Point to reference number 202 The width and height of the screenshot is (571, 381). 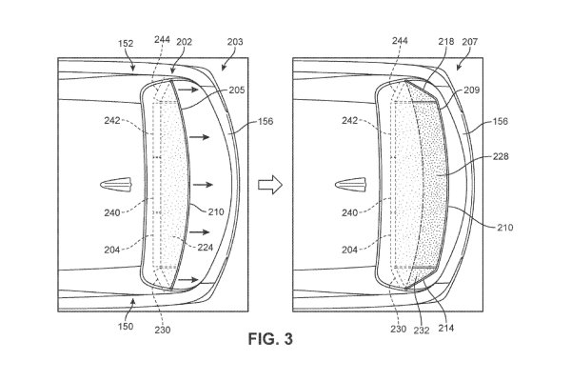pyautogui.click(x=184, y=43)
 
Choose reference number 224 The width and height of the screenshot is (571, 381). pyautogui.click(x=203, y=245)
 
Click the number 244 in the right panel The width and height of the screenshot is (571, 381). pyautogui.click(x=397, y=43)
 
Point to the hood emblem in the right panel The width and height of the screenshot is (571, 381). pyautogui.click(x=351, y=184)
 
